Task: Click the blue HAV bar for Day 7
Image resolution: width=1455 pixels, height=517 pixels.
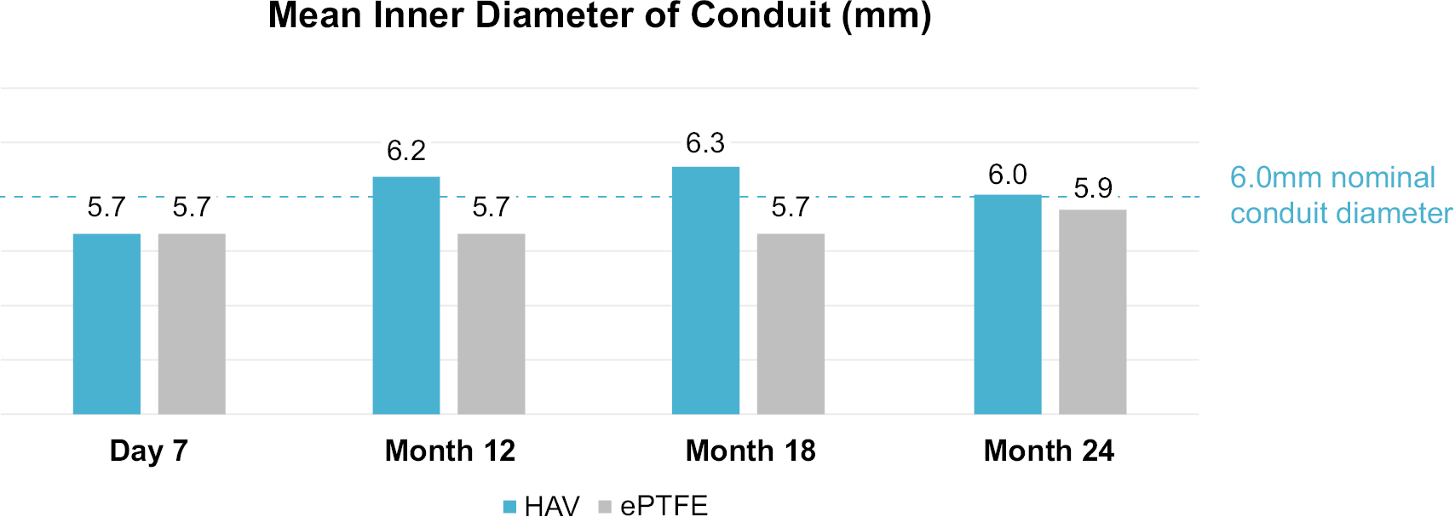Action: point(106,324)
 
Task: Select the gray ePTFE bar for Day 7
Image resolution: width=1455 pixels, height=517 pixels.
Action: point(192,324)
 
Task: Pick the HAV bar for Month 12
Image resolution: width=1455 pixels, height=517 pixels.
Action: point(406,296)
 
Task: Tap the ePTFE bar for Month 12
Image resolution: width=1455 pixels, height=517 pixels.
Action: point(492,324)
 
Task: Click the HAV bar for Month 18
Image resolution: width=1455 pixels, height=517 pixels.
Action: point(705,290)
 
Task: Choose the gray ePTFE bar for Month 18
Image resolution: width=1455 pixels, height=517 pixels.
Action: point(791,324)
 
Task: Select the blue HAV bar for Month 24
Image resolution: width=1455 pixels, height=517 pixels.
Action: point(1008,304)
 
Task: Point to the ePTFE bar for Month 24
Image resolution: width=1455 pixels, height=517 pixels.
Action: point(1093,312)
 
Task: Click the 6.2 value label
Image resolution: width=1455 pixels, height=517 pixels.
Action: point(406,151)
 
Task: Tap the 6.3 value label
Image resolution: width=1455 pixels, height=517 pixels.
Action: point(705,143)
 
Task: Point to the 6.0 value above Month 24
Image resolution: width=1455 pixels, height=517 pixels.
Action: point(1008,175)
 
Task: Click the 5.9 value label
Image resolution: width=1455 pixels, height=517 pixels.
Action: point(1093,187)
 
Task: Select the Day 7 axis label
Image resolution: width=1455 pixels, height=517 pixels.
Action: point(149,451)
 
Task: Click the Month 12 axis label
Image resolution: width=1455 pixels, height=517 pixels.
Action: point(450,451)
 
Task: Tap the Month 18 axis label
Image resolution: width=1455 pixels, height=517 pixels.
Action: point(751,451)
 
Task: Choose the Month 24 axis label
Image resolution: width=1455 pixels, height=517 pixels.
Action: point(1049,451)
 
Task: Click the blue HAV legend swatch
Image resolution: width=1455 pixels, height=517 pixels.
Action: point(510,507)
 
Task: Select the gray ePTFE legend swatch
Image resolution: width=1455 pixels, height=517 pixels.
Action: point(606,507)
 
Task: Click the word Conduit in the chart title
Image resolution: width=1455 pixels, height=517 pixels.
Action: point(761,15)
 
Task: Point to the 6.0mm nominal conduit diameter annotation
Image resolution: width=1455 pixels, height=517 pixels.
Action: point(1340,195)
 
